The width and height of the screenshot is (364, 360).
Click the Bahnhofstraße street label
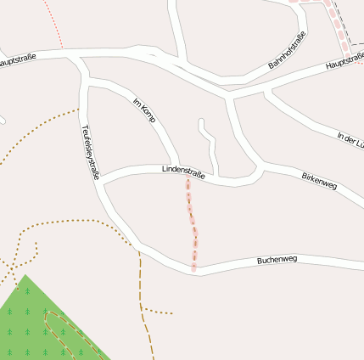[287, 50]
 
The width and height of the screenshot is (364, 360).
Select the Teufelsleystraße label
[91, 152]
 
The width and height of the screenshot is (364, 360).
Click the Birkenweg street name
[319, 180]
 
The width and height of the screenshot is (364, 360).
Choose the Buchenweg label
[277, 260]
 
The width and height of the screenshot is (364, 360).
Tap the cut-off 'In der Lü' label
[351, 138]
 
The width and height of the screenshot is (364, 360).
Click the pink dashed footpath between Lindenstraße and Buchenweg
[192, 222]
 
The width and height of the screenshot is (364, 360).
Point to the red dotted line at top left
[56, 25]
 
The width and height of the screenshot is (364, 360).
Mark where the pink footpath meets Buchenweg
[194, 271]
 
